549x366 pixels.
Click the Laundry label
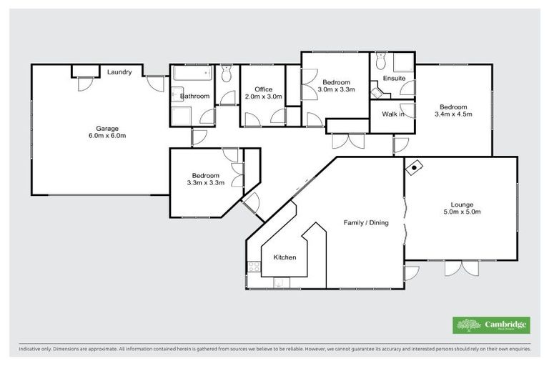pyautogui.click(x=119, y=72)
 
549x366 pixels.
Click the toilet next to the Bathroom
pyautogui.click(x=227, y=71)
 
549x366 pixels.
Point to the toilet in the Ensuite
pyautogui.click(x=380, y=59)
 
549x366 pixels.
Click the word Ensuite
pyautogui.click(x=394, y=78)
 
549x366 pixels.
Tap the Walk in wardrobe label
pyautogui.click(x=392, y=114)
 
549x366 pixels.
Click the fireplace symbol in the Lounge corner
pyautogui.click(x=414, y=168)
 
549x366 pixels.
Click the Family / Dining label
pyautogui.click(x=366, y=223)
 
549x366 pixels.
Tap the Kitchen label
pyautogui.click(x=285, y=257)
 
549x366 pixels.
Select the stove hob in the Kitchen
pyautogui.click(x=253, y=267)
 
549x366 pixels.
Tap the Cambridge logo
pyautogui.click(x=491, y=325)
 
